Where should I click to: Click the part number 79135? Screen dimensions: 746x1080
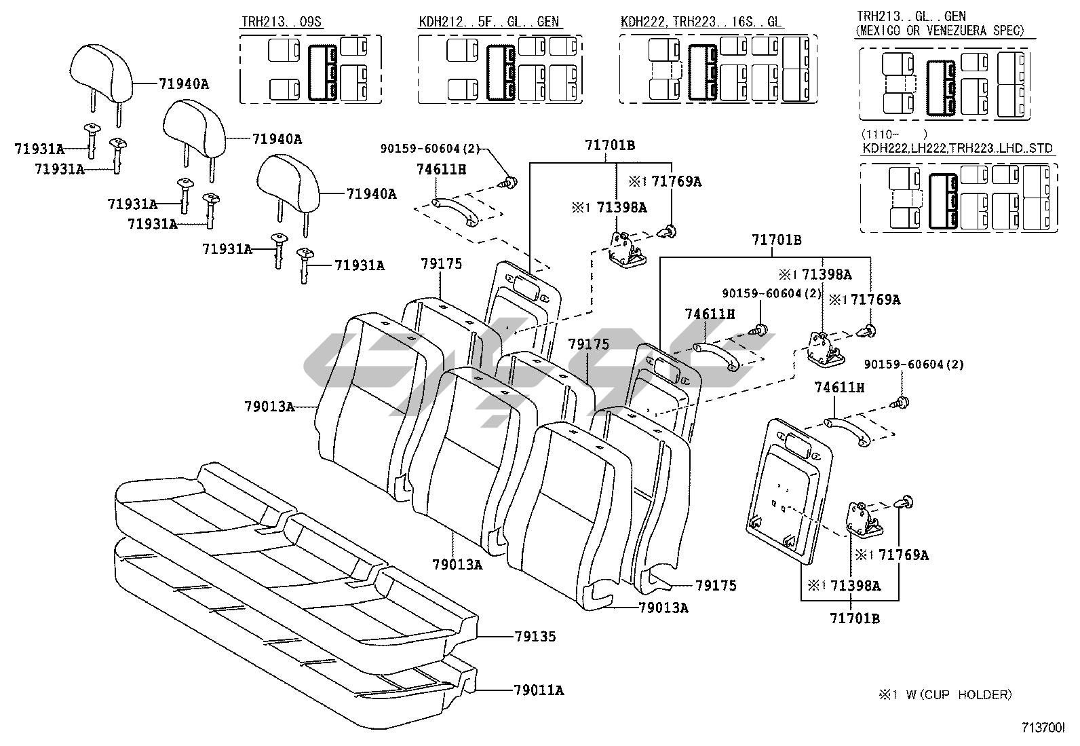pyautogui.click(x=535, y=637)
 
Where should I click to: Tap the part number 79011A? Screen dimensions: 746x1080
pyautogui.click(x=539, y=690)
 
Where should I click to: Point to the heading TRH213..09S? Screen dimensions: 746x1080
pyautogui.click(x=282, y=22)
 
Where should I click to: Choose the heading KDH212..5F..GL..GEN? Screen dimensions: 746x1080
pyautogui.click(x=488, y=22)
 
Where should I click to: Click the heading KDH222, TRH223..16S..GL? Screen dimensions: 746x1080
pyautogui.click(x=701, y=22)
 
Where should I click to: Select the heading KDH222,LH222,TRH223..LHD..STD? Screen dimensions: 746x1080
pyautogui.click(x=957, y=149)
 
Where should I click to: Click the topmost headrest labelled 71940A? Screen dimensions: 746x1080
pyautogui.click(x=102, y=71)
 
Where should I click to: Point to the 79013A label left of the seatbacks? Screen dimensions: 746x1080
pyautogui.click(x=269, y=407)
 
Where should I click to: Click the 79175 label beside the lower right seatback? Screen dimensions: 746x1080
pyautogui.click(x=715, y=585)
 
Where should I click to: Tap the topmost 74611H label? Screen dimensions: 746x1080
pyautogui.click(x=441, y=170)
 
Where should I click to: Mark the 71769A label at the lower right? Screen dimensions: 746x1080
pyautogui.click(x=904, y=555)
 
